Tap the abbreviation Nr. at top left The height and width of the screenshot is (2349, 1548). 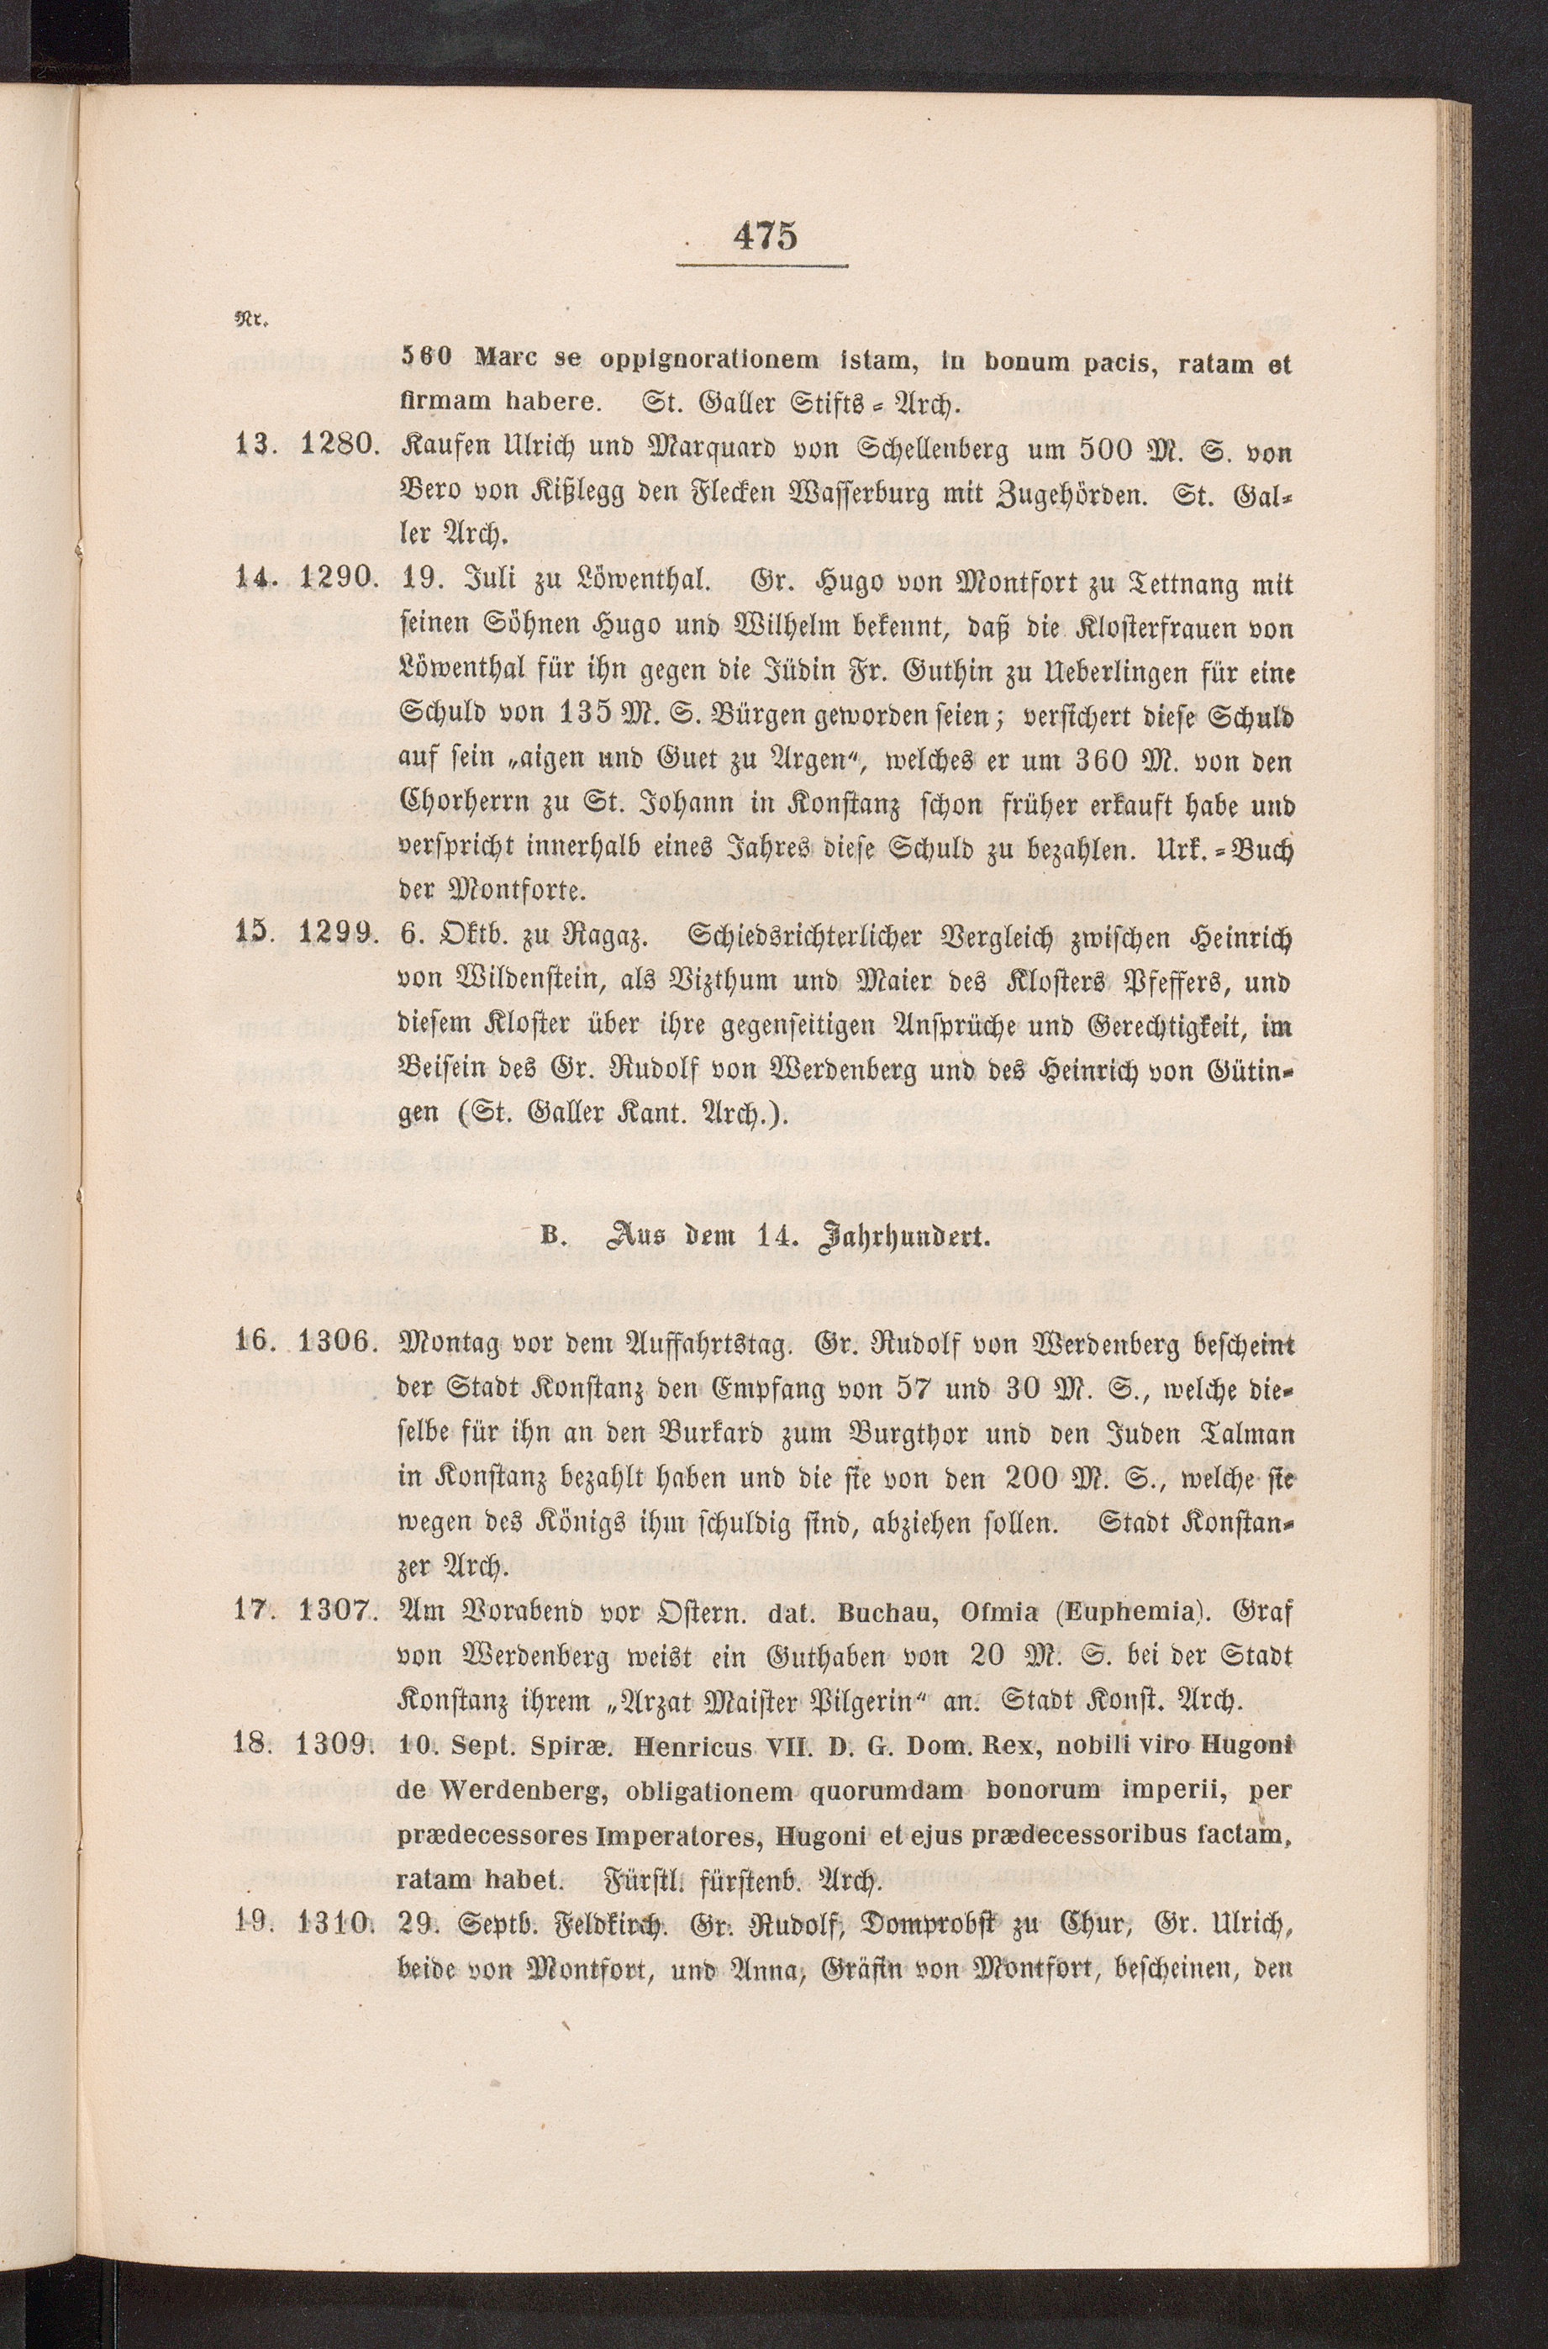click(244, 320)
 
